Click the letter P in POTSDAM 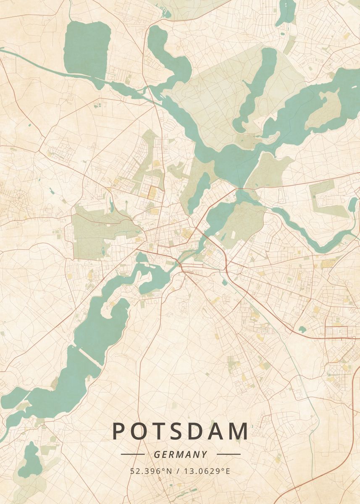tap(119, 431)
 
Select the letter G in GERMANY tap(157, 454)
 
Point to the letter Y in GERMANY tap(204, 454)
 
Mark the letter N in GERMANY tap(196, 454)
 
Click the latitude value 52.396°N tap(152, 471)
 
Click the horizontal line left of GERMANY tap(132, 454)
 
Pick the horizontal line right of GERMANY tap(229, 454)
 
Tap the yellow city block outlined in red tap(152, 192)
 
